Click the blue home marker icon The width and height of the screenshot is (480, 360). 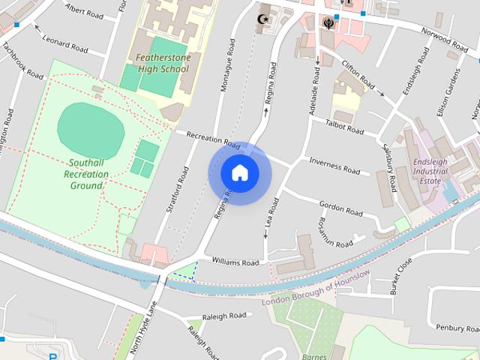[239, 172]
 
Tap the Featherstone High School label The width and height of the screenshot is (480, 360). [158, 62]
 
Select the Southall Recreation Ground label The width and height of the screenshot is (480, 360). [87, 173]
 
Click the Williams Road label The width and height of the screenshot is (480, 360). [235, 262]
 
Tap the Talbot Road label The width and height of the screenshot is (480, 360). [345, 127]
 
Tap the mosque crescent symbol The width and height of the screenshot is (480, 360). [262, 19]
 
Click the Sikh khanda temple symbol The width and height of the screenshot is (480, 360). [328, 22]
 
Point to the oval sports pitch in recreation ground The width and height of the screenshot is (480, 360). [90, 126]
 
